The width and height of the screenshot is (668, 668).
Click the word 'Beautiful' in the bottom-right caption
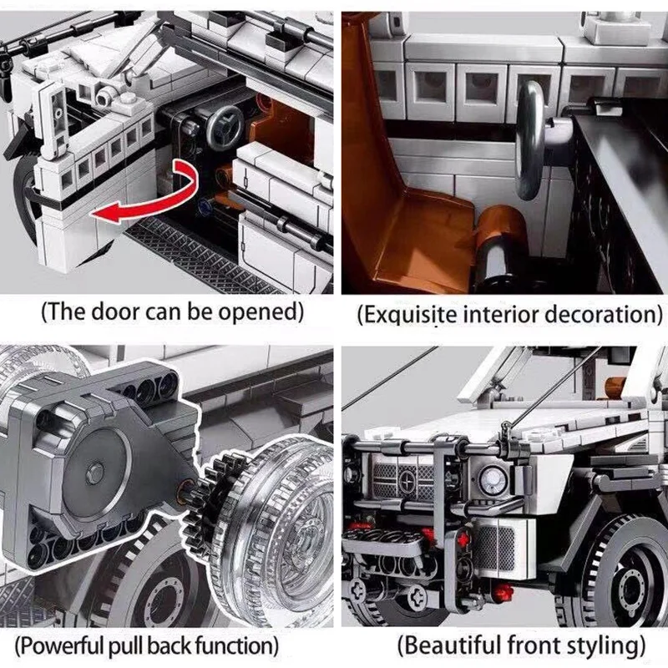[x=456, y=645]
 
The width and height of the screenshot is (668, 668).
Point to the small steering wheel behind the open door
[x=222, y=130]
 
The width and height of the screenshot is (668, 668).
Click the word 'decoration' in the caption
[x=598, y=315]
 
